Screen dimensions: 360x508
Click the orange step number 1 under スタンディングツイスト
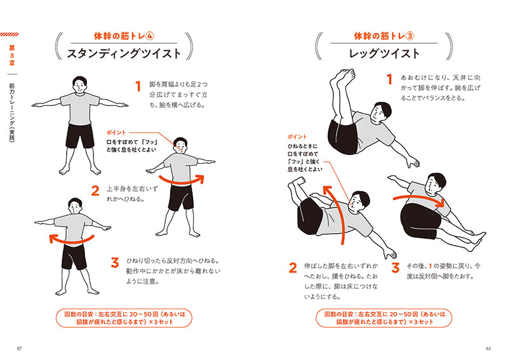click(x=137, y=86)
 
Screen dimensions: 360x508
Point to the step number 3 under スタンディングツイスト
click(x=115, y=262)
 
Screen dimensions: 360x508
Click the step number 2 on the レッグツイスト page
click(x=293, y=268)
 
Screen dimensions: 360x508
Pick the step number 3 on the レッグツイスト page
click(x=395, y=268)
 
